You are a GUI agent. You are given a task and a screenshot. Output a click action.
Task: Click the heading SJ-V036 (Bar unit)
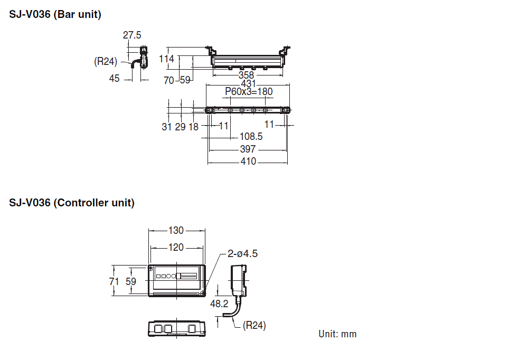(x=55, y=15)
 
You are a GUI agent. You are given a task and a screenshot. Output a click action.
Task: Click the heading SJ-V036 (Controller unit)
(x=72, y=203)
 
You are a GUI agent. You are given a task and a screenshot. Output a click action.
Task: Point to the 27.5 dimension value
(x=132, y=35)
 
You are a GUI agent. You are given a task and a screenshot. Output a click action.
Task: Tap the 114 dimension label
(x=167, y=59)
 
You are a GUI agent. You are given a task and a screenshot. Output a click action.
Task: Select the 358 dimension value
(x=246, y=75)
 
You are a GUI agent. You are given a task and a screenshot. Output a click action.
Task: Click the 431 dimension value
(x=248, y=84)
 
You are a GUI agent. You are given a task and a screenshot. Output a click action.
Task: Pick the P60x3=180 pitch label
(x=249, y=92)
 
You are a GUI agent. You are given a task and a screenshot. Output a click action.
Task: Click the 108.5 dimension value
(x=251, y=136)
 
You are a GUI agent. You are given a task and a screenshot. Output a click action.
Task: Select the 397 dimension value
(x=248, y=149)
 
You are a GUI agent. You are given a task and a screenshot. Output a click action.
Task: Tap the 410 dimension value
(x=248, y=162)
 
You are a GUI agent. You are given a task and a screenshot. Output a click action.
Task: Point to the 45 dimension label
(x=115, y=79)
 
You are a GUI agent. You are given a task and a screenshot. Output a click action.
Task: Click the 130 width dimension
(x=176, y=231)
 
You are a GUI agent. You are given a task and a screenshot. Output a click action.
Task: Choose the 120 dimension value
(x=176, y=248)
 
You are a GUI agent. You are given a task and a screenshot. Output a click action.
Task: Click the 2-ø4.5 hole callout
(x=242, y=254)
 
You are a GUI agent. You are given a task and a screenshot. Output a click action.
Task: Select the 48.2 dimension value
(x=219, y=304)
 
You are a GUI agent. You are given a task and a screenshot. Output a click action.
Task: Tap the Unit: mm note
(x=337, y=334)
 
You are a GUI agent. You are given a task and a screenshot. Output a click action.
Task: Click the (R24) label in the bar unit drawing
(x=106, y=62)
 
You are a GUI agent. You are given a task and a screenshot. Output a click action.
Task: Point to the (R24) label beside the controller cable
(x=254, y=326)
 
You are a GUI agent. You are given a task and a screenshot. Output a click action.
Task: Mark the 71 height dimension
(x=114, y=282)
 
